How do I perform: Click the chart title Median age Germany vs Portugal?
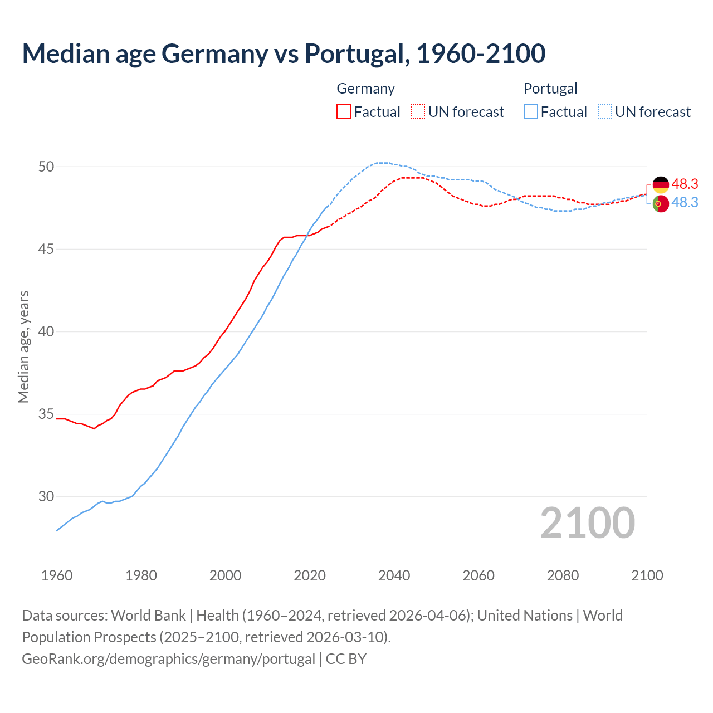(x=284, y=53)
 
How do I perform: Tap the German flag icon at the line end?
(x=661, y=184)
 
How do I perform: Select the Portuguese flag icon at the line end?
(x=661, y=204)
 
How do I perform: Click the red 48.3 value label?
(x=685, y=184)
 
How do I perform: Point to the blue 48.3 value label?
(x=685, y=202)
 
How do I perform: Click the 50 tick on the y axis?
(x=46, y=167)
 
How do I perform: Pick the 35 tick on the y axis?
(x=46, y=414)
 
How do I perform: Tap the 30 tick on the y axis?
(x=46, y=496)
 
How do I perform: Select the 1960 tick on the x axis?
(x=57, y=575)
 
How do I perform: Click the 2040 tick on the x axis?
(x=394, y=575)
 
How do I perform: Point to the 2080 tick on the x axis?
(x=563, y=575)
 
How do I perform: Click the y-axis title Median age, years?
(x=23, y=346)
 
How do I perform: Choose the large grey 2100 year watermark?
(x=587, y=522)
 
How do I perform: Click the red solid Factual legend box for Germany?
(x=344, y=111)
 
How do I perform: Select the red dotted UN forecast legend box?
(x=418, y=111)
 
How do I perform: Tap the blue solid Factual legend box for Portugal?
(x=531, y=111)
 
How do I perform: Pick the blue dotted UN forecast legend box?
(x=605, y=111)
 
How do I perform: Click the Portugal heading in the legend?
(x=550, y=89)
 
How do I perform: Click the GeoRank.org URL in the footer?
(x=168, y=658)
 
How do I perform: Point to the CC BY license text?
(x=346, y=658)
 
